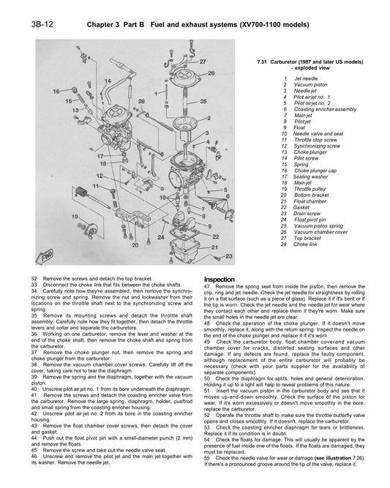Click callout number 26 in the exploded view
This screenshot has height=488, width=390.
click(211, 74)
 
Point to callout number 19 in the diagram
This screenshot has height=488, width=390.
click(75, 217)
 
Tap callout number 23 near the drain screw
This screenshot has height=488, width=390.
click(230, 256)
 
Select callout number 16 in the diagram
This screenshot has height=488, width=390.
click(56, 91)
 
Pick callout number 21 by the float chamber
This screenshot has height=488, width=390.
click(216, 248)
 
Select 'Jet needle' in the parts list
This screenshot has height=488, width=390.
click(306, 78)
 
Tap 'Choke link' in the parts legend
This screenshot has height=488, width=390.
click(307, 244)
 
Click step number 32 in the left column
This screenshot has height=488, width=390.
click(34, 279)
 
